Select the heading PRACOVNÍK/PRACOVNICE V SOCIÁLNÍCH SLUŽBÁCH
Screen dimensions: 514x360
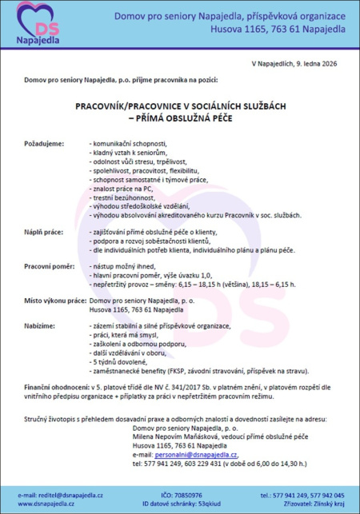click(180, 105)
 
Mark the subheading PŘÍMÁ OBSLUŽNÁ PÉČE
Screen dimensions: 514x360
click(180, 118)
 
